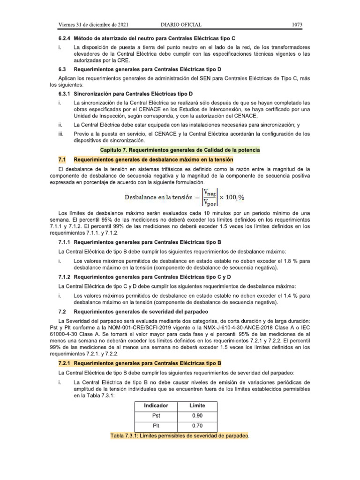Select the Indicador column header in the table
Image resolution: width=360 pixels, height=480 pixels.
(x=156, y=405)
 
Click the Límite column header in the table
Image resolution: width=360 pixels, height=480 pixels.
(x=197, y=405)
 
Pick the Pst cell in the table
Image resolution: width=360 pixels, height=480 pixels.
(x=156, y=415)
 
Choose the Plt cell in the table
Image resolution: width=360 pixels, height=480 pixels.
(x=156, y=426)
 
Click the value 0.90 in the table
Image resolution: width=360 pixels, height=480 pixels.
(x=197, y=415)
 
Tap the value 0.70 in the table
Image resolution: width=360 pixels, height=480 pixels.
(x=197, y=426)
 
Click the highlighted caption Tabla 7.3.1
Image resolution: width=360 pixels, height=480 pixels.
(x=179, y=436)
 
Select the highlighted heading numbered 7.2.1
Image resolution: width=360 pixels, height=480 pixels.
(x=140, y=363)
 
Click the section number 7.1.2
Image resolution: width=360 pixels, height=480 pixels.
(x=64, y=277)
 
